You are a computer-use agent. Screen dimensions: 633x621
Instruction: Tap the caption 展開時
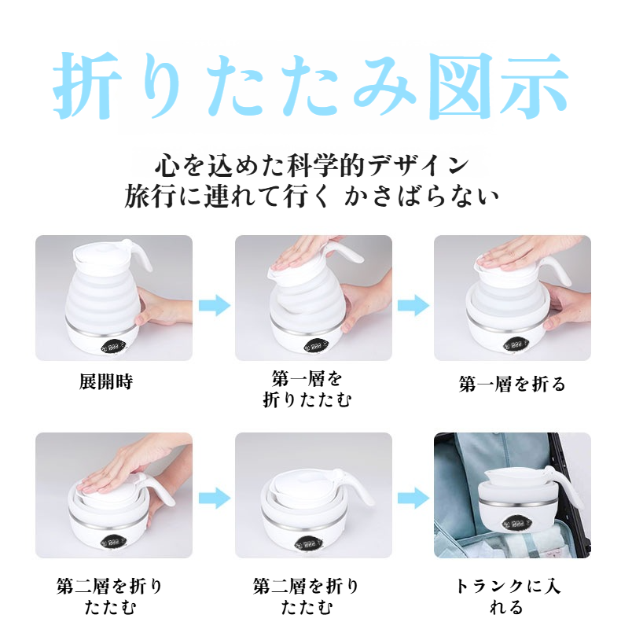106,383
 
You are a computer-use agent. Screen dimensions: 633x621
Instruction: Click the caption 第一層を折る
512,384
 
